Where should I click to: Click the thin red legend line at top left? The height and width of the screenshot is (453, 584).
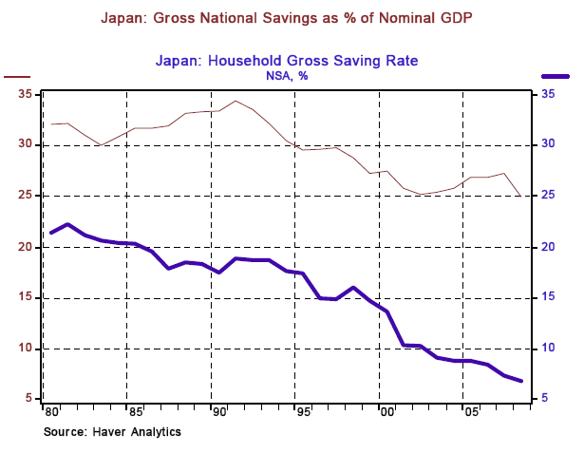click(x=18, y=76)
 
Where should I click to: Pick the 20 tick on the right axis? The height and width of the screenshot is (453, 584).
click(x=549, y=247)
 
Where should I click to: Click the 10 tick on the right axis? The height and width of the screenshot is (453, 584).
click(x=549, y=349)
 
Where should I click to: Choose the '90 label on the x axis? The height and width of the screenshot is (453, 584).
click(x=216, y=414)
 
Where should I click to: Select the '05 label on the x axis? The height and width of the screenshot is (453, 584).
click(x=468, y=414)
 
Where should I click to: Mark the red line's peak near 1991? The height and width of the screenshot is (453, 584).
click(x=235, y=101)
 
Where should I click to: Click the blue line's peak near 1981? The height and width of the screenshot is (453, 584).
click(x=67, y=225)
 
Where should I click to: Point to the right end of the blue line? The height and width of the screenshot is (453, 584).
click(x=521, y=381)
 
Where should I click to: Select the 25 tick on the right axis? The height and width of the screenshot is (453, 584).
click(x=549, y=196)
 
